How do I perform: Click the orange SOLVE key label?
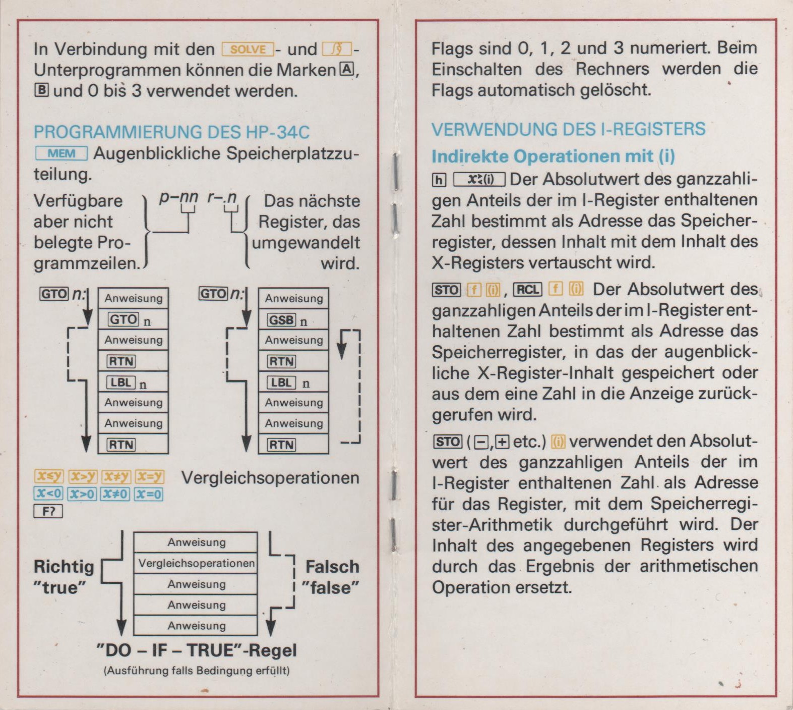pos(248,49)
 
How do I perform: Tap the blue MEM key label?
pos(62,153)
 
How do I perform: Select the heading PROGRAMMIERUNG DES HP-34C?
pos(171,132)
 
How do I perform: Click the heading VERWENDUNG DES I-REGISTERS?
pos(568,129)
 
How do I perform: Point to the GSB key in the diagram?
pos(281,320)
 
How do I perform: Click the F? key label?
pos(48,512)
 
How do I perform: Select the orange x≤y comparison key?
pos(48,476)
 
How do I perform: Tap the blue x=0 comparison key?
pos(149,494)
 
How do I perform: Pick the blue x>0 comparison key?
pos(82,494)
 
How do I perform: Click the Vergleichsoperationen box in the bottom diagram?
pos(196,563)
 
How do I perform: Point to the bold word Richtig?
pos(64,567)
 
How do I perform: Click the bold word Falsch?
pos(332,567)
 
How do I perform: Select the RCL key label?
pos(527,290)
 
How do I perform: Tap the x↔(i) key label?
pos(479,180)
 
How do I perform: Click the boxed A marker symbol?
pos(347,69)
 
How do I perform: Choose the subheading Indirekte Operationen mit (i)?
pos(553,156)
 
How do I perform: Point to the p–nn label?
pos(178,197)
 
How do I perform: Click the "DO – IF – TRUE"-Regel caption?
pos(196,650)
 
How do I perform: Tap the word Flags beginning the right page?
pos(451,48)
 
